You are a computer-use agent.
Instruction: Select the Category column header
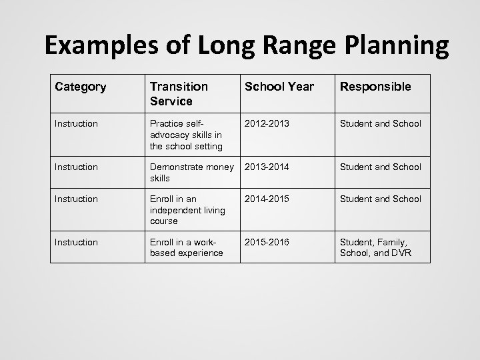[x=81, y=87]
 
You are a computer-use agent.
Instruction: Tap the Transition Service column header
[x=179, y=93]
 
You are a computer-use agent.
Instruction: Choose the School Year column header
[x=279, y=87]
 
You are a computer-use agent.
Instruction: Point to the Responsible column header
[x=375, y=87]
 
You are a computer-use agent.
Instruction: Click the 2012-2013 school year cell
[x=268, y=123]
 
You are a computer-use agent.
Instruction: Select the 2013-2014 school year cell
[x=268, y=167]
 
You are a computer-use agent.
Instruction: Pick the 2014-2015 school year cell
[x=268, y=199]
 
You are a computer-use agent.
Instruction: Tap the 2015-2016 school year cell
[x=268, y=242]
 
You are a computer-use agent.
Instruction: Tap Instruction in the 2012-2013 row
[x=77, y=123]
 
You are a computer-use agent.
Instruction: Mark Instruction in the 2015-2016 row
[x=77, y=242]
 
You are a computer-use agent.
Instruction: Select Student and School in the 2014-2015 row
[x=381, y=199]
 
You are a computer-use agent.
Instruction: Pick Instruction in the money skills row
[x=77, y=167]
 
